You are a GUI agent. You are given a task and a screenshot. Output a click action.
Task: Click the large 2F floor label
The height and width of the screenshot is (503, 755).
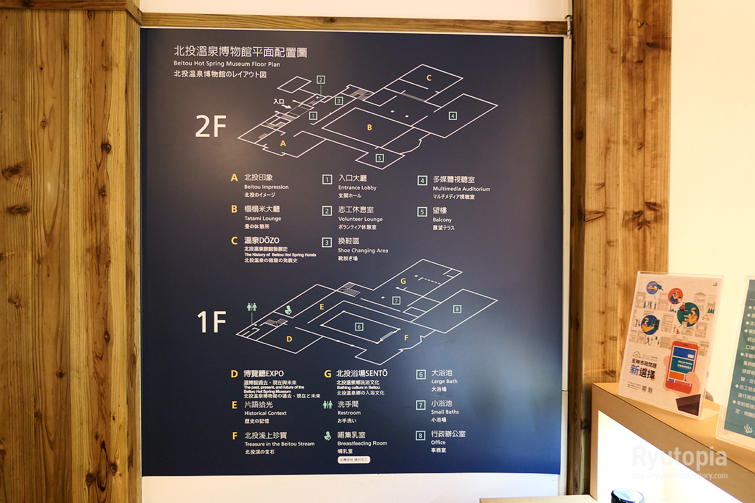210,126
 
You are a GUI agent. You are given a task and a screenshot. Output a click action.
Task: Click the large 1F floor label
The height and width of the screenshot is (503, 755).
211,322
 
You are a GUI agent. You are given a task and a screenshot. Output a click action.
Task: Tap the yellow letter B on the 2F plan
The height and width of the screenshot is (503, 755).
369,127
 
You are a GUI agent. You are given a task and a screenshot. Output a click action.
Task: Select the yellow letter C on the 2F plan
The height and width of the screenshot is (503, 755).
428,78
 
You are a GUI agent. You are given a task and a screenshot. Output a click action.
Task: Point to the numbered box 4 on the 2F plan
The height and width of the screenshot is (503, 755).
452,116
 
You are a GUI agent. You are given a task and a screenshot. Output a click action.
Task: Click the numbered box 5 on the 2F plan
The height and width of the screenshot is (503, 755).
379,158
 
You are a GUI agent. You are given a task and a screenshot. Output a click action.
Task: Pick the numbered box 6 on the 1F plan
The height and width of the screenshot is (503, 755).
359,326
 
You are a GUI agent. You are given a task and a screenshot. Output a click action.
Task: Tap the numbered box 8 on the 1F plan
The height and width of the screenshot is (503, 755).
457,309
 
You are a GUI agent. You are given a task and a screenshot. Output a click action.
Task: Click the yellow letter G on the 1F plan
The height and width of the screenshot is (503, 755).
403,281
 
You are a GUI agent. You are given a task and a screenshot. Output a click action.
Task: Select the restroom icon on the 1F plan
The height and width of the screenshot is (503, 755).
252,306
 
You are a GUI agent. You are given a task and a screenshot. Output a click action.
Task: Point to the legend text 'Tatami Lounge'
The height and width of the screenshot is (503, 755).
263,219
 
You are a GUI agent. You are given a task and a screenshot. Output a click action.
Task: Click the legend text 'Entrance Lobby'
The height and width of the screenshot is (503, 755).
357,188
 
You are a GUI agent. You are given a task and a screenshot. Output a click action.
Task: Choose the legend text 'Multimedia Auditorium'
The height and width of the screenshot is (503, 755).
461,189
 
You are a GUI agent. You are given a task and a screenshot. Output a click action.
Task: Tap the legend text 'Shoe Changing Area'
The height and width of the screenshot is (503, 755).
363,250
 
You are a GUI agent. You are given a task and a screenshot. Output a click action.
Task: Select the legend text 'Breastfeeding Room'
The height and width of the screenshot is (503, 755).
362,443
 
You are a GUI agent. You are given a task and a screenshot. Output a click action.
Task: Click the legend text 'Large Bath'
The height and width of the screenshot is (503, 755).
444,381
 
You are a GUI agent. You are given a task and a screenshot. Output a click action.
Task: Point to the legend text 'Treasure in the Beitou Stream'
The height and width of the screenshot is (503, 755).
279,444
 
